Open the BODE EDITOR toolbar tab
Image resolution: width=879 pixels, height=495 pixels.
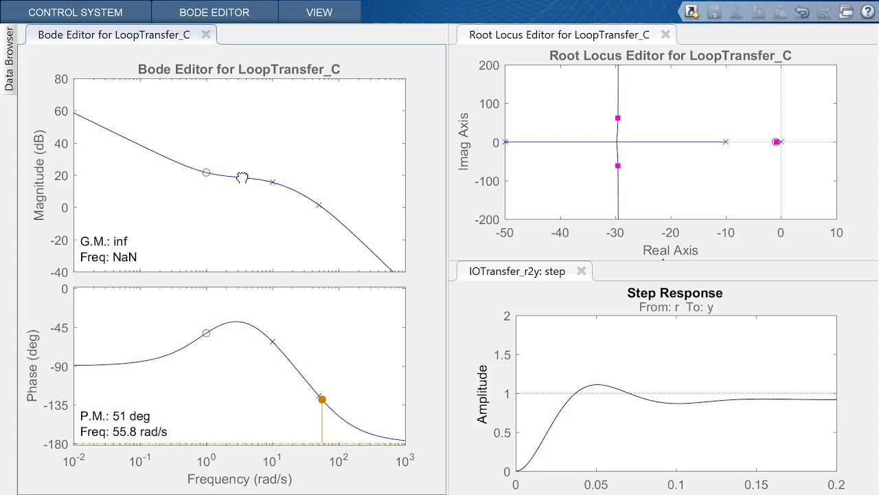214,12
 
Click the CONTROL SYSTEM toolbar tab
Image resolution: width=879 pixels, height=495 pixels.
76,12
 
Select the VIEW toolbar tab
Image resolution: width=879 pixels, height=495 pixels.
319,12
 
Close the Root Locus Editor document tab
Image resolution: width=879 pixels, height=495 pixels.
665,34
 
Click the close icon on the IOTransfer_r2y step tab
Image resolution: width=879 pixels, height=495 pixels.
581,272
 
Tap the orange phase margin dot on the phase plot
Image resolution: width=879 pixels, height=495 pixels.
322,399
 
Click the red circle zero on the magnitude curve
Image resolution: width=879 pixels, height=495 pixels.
206,173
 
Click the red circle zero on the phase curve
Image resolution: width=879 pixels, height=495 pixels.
206,333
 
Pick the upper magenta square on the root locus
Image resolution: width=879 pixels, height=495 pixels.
618,118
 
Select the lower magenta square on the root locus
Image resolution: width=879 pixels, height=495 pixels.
618,166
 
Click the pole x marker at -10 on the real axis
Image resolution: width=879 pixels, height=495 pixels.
726,142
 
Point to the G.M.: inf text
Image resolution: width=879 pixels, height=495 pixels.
104,241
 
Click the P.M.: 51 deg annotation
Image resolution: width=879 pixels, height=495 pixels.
115,416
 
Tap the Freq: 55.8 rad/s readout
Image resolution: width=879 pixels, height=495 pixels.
124,432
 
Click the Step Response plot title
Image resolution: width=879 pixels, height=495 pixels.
674,293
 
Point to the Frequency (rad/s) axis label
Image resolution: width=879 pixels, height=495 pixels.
240,479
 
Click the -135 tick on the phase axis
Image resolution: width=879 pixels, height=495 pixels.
56,406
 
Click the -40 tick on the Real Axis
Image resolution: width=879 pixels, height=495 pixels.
560,233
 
